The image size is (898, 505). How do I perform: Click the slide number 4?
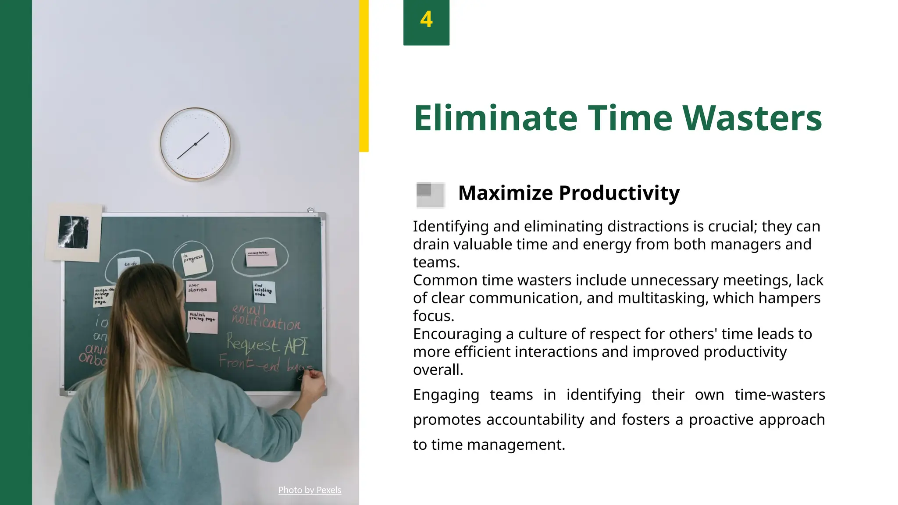click(x=426, y=20)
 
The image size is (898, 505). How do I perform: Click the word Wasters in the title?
click(x=752, y=118)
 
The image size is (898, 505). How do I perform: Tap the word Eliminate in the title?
click(x=495, y=118)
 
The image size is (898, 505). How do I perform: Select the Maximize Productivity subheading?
click(x=569, y=193)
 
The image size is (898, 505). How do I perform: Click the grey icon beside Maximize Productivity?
click(x=430, y=195)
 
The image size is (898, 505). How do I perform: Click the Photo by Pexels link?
click(x=310, y=490)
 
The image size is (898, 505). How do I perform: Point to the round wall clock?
click(x=195, y=144)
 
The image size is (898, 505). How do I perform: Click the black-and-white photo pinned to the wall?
click(x=74, y=232)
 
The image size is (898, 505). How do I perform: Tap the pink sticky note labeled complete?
click(x=261, y=257)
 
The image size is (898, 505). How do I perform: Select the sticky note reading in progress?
click(x=194, y=261)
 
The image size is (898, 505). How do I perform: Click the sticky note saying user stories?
click(x=200, y=291)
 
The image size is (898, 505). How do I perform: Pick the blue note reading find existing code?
click(x=264, y=292)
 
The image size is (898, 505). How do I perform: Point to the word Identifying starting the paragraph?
click(x=451, y=227)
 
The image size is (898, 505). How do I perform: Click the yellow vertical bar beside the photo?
click(x=364, y=75)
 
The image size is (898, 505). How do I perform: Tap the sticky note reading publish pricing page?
click(x=203, y=322)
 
